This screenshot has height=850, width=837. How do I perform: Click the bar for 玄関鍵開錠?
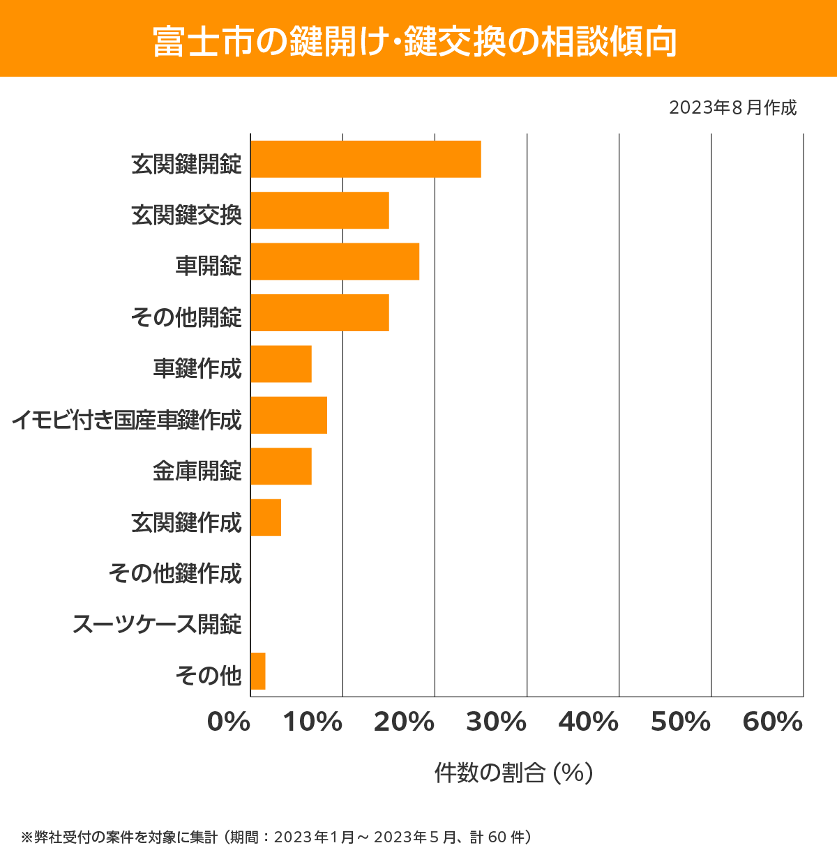pos(365,159)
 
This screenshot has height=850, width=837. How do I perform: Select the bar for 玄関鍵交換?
pos(319,210)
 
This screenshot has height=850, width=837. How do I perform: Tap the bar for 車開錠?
pos(335,261)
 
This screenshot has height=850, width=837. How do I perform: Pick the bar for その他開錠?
pos(319,312)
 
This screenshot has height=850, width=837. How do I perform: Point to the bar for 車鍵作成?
pos(281,364)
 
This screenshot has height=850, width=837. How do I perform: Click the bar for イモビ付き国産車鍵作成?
pos(289,415)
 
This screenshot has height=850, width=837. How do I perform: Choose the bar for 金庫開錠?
pos(281,466)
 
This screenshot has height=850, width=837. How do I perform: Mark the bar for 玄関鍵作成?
pos(266,517)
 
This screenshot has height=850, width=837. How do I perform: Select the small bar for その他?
pos(258,671)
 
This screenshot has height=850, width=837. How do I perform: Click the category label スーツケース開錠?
pos(157,623)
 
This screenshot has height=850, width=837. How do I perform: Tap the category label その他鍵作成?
pos(175,572)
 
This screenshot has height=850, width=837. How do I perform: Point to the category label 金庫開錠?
pos(197,471)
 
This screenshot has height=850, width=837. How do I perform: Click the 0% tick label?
pos(229,722)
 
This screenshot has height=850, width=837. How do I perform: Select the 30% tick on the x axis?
pos(496,722)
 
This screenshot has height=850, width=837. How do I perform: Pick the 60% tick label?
pos(773,722)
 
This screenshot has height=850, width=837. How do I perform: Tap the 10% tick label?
pos(312,722)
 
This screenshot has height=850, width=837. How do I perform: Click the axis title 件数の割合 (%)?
pos(513,773)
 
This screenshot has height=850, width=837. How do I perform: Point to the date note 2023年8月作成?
pos(732,107)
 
